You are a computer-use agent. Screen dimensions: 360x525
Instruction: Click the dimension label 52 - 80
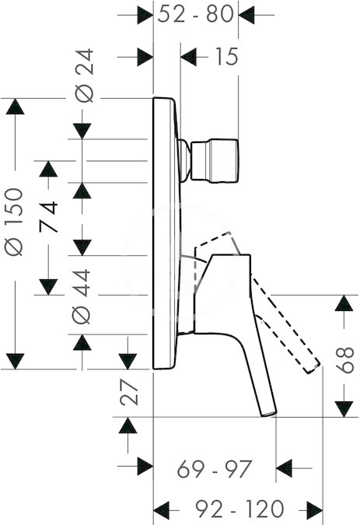pos(195,15)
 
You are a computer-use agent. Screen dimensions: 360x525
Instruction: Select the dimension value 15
pos(226,56)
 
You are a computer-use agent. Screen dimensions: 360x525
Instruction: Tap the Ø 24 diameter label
pos(84,75)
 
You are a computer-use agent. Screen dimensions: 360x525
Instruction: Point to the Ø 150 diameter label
pos(14,222)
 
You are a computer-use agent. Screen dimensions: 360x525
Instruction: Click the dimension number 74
pos(48,217)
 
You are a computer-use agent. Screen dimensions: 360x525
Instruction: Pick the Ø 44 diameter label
pos(82,296)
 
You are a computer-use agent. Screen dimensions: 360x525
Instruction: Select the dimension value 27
pos(129,393)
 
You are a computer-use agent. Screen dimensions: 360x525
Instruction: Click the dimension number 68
pos(344,360)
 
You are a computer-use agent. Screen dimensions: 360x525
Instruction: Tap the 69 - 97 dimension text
pos(214,469)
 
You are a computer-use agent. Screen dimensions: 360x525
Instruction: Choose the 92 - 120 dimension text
pos(239,509)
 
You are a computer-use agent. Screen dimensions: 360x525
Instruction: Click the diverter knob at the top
pos(215,161)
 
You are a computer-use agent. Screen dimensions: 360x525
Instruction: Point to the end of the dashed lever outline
pos(312,368)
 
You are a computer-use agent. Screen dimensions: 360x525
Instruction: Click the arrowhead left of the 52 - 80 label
pos(145,15)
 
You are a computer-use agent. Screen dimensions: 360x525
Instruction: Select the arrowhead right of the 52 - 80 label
pos(246,15)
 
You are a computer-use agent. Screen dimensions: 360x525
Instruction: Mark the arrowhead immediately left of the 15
pos(188,57)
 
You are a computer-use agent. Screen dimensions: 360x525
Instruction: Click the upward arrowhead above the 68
pos(344,303)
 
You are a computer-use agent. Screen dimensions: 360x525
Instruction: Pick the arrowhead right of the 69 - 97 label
pos(285,468)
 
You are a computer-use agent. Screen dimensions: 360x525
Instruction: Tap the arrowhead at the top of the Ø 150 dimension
pos(15,107)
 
